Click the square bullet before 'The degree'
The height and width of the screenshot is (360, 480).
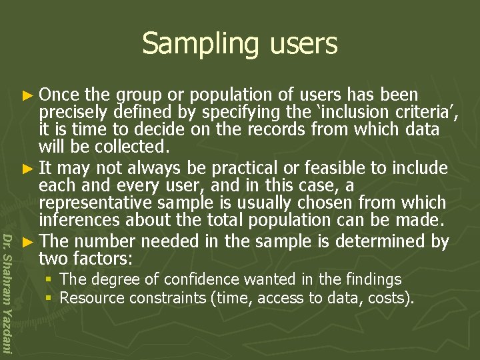[x=50, y=279]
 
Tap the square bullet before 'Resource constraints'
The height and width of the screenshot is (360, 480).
[x=50, y=297]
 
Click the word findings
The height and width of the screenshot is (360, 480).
[x=370, y=279]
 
